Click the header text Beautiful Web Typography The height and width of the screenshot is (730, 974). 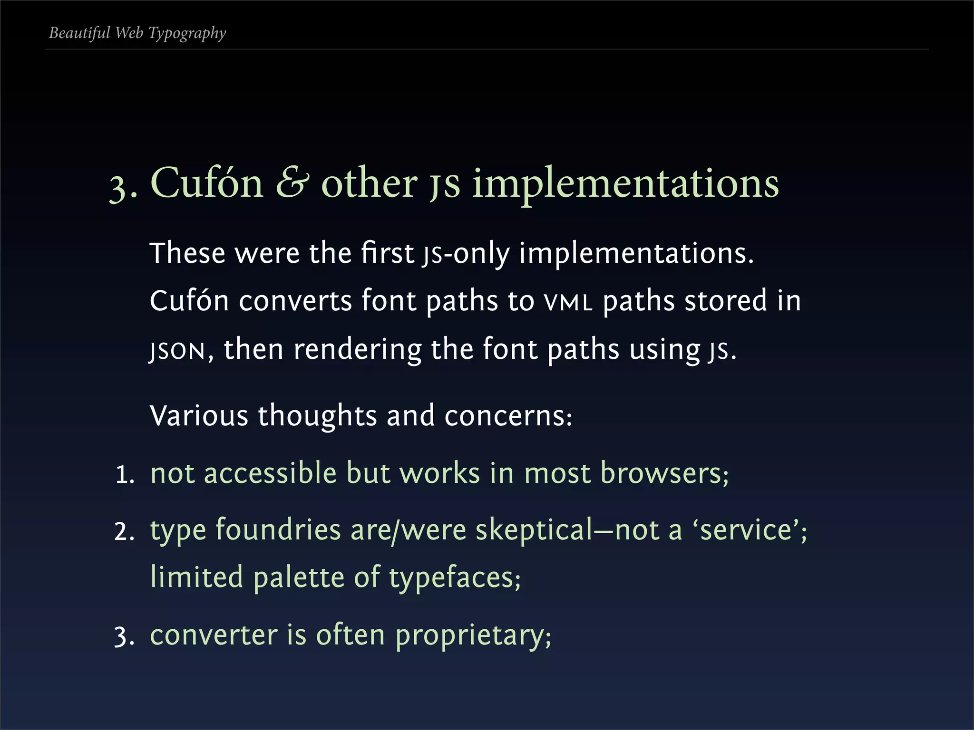click(137, 33)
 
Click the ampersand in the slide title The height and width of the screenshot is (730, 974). click(292, 183)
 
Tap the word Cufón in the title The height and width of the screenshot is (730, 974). click(207, 183)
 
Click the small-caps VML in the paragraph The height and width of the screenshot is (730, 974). click(568, 302)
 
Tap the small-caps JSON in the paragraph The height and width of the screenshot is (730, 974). click(177, 351)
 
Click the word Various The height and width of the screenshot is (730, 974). click(199, 415)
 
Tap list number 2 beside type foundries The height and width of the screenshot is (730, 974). click(124, 532)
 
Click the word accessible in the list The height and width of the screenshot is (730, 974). click(270, 473)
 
